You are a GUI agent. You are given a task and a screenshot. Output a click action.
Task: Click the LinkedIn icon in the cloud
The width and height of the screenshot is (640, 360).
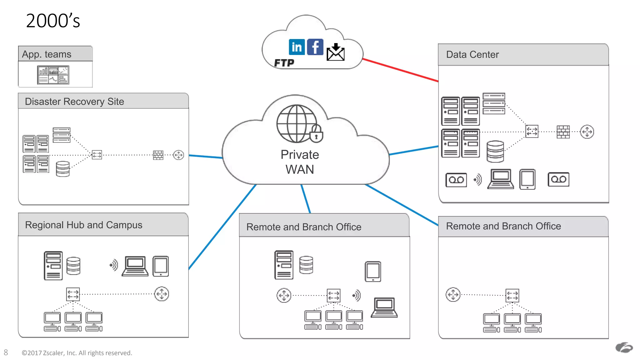click(297, 47)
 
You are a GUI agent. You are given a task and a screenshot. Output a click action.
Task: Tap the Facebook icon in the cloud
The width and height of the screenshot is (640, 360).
click(315, 47)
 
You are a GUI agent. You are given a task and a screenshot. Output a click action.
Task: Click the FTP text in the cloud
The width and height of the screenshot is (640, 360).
click(284, 63)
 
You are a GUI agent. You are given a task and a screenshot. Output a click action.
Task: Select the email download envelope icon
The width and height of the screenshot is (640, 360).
click(335, 52)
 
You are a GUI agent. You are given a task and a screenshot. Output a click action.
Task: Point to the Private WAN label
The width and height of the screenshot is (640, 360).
click(299, 162)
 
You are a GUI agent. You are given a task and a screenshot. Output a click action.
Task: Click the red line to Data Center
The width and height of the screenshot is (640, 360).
click(400, 70)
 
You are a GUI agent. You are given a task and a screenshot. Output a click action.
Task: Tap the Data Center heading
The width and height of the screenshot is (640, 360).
click(472, 55)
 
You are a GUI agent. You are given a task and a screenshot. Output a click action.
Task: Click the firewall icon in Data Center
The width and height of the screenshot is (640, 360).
click(563, 132)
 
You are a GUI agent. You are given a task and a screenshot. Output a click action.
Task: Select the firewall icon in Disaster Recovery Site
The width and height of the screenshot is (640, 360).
click(158, 155)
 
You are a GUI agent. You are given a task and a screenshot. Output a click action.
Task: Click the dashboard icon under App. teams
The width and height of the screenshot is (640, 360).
click(53, 75)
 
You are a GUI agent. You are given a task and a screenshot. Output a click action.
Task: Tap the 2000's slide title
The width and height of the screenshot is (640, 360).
click(53, 21)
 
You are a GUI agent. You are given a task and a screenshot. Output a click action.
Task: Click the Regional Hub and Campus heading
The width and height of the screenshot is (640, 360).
click(83, 225)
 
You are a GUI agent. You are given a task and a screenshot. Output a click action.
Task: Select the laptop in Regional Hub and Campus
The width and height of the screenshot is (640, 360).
click(135, 266)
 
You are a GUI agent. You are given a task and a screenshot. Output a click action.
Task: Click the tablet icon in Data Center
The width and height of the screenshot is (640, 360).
click(527, 179)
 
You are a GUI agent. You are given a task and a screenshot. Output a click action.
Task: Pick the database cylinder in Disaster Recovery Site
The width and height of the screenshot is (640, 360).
click(62, 169)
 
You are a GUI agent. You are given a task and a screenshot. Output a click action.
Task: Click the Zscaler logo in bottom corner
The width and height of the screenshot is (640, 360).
click(624, 347)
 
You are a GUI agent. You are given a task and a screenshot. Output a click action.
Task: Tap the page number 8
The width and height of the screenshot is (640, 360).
click(6, 352)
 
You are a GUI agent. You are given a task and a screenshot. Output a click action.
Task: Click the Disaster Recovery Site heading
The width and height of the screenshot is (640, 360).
click(74, 102)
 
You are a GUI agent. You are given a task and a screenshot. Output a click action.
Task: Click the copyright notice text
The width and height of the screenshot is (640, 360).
click(77, 353)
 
